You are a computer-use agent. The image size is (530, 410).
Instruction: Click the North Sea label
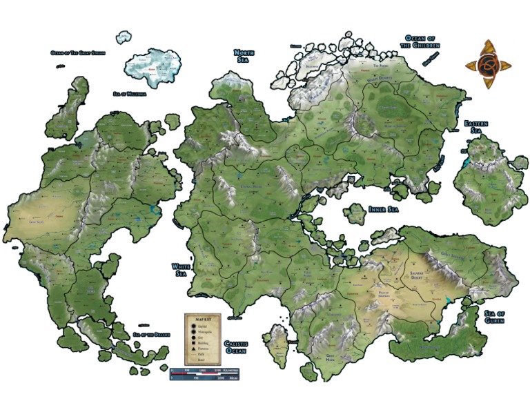tap(245, 56)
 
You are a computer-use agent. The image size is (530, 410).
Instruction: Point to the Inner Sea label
tap(383, 209)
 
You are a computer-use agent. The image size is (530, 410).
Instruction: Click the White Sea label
tap(179, 270)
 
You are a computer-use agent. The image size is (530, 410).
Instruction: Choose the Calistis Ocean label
tap(235, 347)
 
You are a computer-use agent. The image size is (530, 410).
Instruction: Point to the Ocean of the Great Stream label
tap(77, 52)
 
